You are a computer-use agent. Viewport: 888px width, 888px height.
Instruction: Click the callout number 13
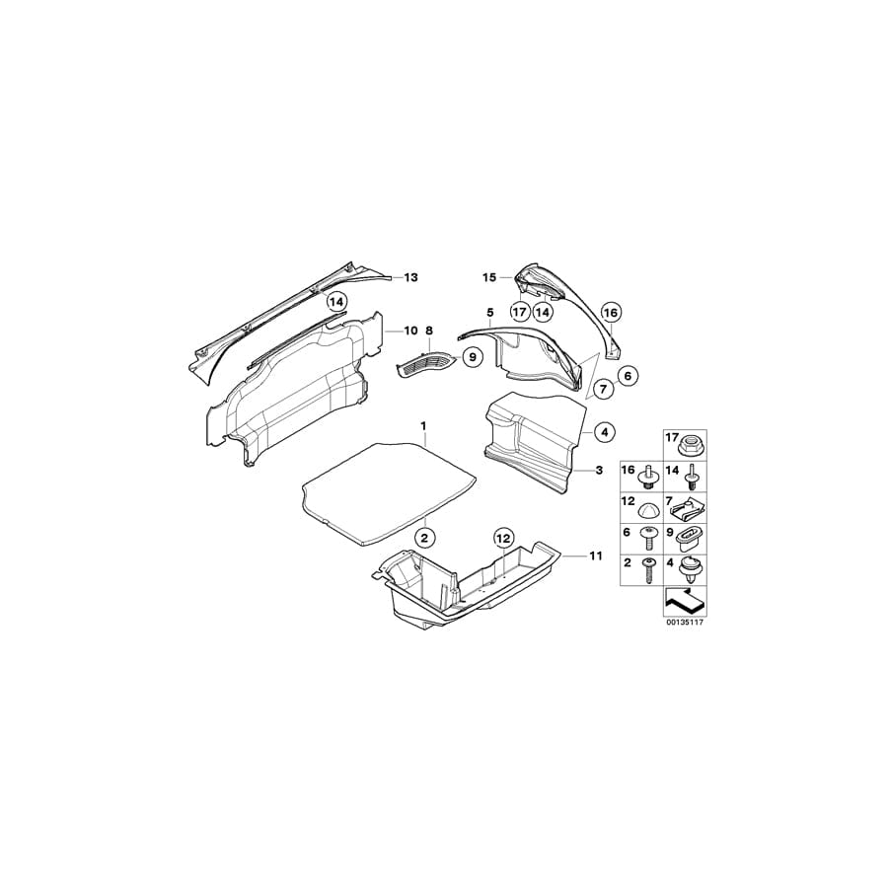coord(410,277)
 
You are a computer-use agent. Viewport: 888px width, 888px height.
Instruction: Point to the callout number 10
coord(410,332)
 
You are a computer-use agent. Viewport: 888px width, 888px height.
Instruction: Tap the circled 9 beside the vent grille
coord(473,357)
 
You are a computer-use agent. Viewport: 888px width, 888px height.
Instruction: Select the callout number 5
coord(488,312)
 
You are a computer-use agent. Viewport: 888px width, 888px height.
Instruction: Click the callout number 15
coord(487,277)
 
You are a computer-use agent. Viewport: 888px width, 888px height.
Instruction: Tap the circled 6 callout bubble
coord(629,374)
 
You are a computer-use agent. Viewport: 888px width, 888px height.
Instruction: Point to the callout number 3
coord(598,472)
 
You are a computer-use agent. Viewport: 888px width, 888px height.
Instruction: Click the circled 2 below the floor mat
coord(423,538)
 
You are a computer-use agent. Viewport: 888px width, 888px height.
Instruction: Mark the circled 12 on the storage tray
coord(504,538)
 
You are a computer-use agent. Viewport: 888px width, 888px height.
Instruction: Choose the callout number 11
coord(595,555)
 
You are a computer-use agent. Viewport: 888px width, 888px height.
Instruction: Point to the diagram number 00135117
coord(682,622)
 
